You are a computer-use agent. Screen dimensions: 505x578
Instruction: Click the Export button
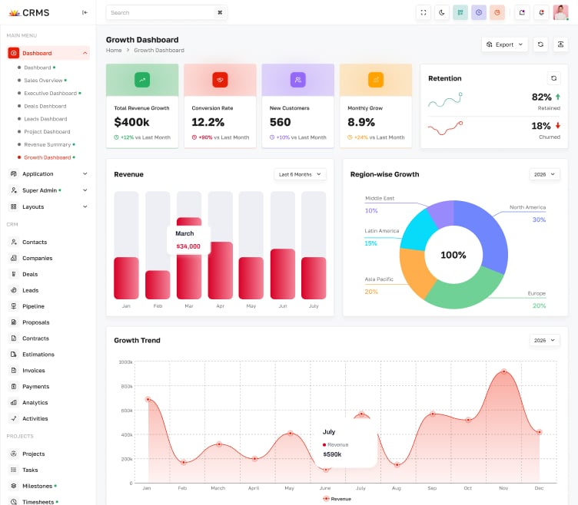(504, 45)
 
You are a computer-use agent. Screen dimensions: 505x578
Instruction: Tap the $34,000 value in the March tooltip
(188, 246)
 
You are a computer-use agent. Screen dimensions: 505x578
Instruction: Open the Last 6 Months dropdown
(300, 174)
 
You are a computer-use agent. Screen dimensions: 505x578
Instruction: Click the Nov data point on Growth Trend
(504, 371)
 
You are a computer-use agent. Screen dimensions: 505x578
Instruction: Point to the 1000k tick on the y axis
(125, 361)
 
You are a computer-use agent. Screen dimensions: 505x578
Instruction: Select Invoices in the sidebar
(34, 371)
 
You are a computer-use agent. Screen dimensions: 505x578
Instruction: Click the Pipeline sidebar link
(33, 306)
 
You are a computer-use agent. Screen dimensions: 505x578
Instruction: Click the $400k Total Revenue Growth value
(131, 122)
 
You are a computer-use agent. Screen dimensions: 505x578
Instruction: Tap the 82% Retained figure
(541, 97)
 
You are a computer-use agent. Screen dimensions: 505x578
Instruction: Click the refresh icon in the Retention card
(553, 78)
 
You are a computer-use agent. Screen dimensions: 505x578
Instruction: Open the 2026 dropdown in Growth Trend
(544, 340)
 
